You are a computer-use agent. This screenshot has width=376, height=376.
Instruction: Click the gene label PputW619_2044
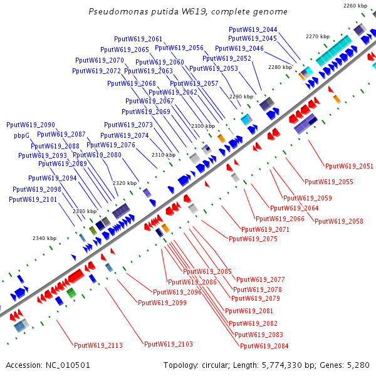[x=253, y=29]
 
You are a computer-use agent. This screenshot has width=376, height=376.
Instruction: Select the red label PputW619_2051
[x=349, y=166]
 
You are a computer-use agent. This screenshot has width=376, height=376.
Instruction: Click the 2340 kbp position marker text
[x=44, y=238]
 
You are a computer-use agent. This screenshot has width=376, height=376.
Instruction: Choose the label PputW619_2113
[x=98, y=345]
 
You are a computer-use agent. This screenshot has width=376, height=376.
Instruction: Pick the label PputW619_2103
[x=168, y=344]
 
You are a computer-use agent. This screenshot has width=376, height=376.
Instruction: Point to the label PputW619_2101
[x=33, y=199]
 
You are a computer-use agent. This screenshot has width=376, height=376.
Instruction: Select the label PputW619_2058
[x=338, y=221]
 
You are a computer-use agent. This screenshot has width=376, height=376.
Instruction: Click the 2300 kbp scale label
[x=202, y=127]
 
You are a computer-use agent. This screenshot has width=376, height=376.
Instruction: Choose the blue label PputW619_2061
[x=138, y=39]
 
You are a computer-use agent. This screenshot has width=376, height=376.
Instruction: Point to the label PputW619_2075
[x=253, y=239]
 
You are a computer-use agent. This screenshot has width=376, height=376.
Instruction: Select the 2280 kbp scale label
[x=279, y=67]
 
